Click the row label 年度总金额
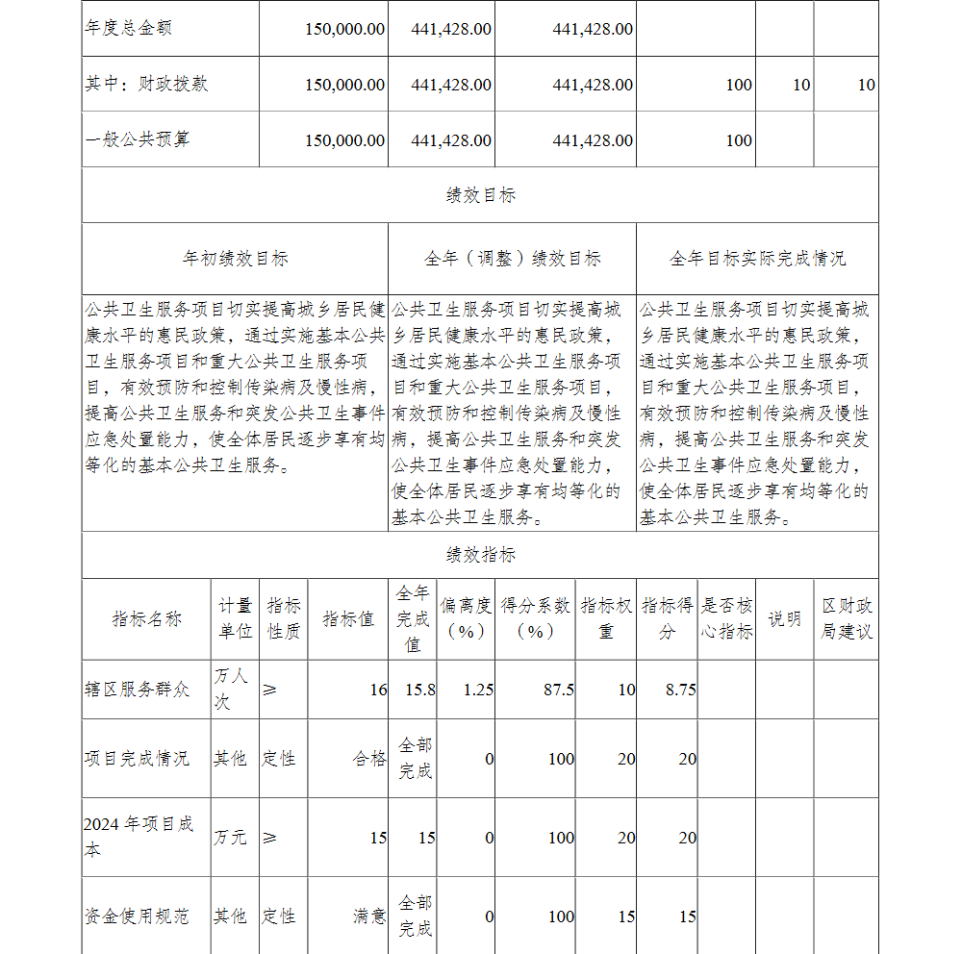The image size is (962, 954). pos(128,29)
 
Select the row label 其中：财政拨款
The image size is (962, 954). pos(146,85)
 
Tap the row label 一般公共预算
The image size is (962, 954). pos(137,140)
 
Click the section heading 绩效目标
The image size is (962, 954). pos(480,195)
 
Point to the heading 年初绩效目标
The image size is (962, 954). pos(235,259)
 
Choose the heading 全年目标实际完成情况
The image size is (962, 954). pos(757,259)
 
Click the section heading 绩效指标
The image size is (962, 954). pos(480,555)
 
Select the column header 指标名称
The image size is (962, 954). pos(146,619)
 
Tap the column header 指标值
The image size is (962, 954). pos(347,619)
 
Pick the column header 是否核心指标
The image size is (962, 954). pos(726,619)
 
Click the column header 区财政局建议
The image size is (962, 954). pos(847,619)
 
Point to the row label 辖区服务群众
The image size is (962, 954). pos(137,690)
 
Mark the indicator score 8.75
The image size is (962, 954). pos(680,690)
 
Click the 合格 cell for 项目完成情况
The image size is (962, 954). pos(369,759)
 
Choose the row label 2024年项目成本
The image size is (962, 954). pos(139,837)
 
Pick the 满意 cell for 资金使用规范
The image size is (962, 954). pos(369,916)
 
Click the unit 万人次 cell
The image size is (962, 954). pos(231,690)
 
